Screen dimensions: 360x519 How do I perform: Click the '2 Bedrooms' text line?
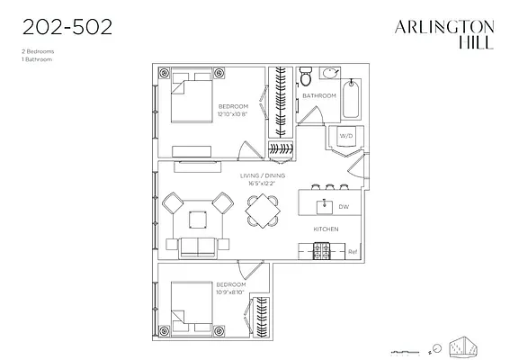point(37,51)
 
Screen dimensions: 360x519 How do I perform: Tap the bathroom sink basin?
point(330,72)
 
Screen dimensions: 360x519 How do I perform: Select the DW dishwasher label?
point(343,206)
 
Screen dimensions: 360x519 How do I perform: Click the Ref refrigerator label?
point(353,251)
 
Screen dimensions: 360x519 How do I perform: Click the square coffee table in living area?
point(197,217)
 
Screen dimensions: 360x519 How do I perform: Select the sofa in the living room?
point(198,247)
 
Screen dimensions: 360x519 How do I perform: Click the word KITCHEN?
point(325,229)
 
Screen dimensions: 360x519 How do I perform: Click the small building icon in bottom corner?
point(464,345)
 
